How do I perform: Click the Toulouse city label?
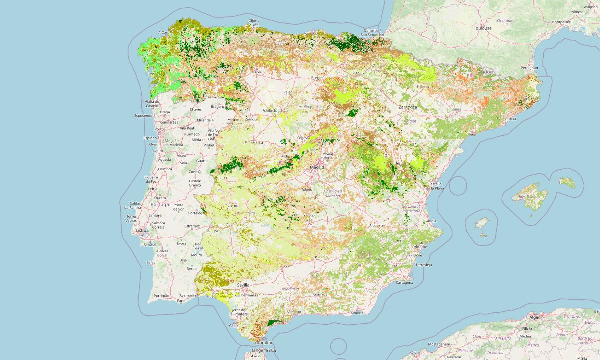483,28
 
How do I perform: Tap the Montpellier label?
560,22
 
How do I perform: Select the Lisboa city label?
142,231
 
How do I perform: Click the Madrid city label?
317,167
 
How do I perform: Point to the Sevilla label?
243,285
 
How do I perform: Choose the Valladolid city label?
274,110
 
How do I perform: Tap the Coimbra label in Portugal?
165,169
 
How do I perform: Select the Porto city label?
159,129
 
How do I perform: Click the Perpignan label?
529,67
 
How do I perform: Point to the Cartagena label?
404,283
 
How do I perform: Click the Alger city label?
535,317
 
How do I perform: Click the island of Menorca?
567,183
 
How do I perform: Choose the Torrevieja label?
422,264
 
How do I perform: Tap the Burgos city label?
304,78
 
